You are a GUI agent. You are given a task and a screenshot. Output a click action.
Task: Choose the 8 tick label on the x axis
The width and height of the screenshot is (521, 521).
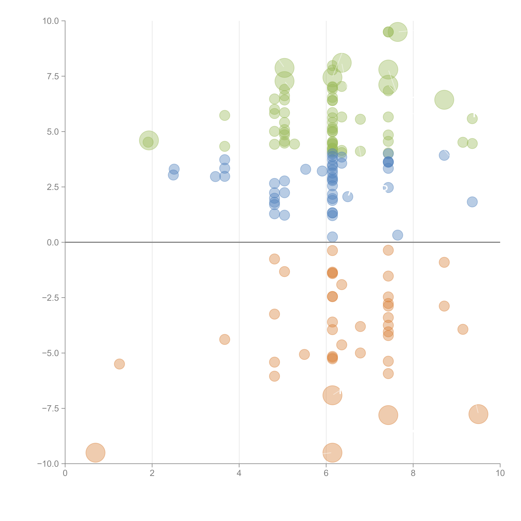click(413, 473)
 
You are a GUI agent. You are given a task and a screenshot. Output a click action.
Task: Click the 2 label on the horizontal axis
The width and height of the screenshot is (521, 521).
click(152, 473)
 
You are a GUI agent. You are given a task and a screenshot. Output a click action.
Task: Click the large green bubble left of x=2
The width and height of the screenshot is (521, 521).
click(149, 140)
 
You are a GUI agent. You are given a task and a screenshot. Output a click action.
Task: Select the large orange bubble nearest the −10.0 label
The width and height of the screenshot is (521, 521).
click(95, 453)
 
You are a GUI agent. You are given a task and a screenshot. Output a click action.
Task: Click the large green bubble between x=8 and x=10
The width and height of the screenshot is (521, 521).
click(444, 100)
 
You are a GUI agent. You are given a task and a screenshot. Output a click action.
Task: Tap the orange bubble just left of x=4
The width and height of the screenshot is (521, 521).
click(225, 339)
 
